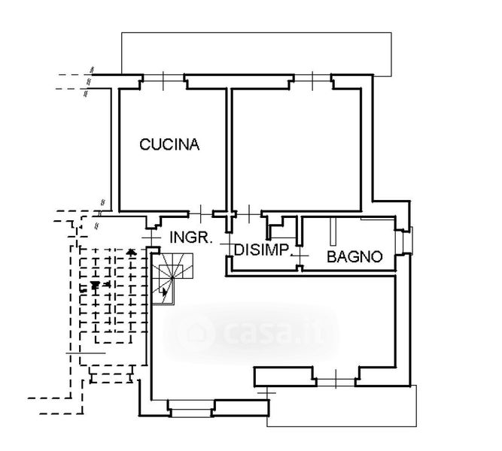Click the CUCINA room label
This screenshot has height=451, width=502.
click(x=169, y=145)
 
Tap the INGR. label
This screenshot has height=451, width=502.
click(x=190, y=237)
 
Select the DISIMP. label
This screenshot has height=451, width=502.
click(x=262, y=250)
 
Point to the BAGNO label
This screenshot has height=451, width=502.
click(x=354, y=256)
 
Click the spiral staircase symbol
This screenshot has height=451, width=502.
click(x=174, y=277)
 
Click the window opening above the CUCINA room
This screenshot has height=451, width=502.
click(x=163, y=78)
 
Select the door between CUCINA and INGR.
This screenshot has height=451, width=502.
click(x=201, y=213)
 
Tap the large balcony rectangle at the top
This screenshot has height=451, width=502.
click(x=256, y=53)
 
